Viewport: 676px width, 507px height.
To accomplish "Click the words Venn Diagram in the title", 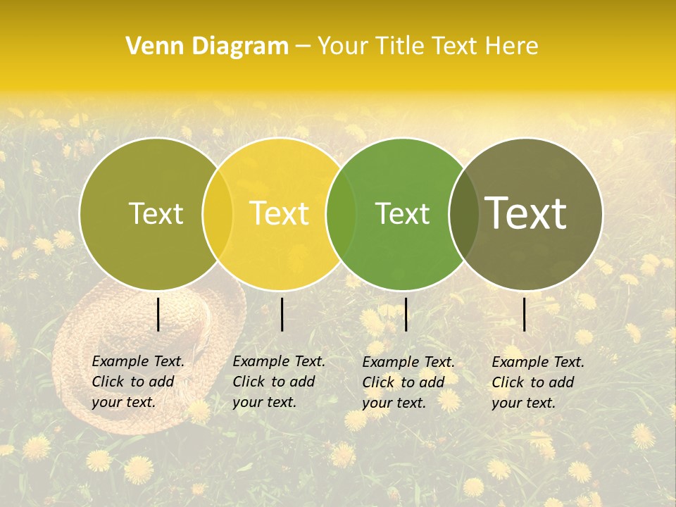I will point(207,46).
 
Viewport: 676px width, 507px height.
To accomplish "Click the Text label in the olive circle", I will point(156,213).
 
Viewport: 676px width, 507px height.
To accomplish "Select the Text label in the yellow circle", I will point(279,213).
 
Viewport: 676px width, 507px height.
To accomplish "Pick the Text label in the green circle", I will point(402,213).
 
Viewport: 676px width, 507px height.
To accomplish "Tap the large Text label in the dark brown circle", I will point(525,213).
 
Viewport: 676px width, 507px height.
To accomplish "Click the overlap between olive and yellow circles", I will point(217,213).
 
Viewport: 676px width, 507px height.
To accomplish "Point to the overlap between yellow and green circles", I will point(341,213).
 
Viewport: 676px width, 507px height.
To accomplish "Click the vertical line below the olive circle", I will point(158,314).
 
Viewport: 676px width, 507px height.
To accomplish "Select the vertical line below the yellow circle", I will point(282,314).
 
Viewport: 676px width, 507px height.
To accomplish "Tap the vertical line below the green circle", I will point(406,314).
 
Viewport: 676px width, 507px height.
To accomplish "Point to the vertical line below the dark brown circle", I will point(525,314).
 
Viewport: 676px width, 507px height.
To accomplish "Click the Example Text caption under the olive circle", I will point(137,382).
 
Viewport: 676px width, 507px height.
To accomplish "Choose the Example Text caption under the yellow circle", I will point(278,382).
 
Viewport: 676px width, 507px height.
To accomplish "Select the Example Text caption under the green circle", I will point(408,382).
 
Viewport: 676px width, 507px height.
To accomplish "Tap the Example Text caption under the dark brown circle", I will point(537,382).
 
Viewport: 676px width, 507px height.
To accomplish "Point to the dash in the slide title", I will point(303,46).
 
